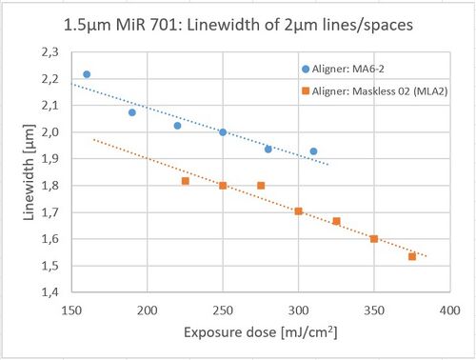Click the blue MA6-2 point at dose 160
click(x=87, y=74)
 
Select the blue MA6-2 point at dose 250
click(x=223, y=132)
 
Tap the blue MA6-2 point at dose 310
click(x=313, y=151)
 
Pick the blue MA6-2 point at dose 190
click(x=132, y=112)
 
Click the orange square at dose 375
click(x=412, y=256)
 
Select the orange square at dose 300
click(x=298, y=211)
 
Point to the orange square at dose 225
click(x=186, y=181)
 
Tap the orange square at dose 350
click(x=374, y=239)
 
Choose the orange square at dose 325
click(x=336, y=221)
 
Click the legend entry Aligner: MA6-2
click(x=343, y=69)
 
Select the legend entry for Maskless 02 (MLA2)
click(x=375, y=91)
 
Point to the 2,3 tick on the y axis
click(x=50, y=52)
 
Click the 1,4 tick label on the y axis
click(x=50, y=292)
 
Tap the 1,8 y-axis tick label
click(x=50, y=186)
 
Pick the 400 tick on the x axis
click(x=450, y=310)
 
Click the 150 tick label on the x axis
click(x=71, y=310)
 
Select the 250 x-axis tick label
click(x=223, y=310)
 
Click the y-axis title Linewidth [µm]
click(x=29, y=172)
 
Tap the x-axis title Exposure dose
click(x=230, y=332)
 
